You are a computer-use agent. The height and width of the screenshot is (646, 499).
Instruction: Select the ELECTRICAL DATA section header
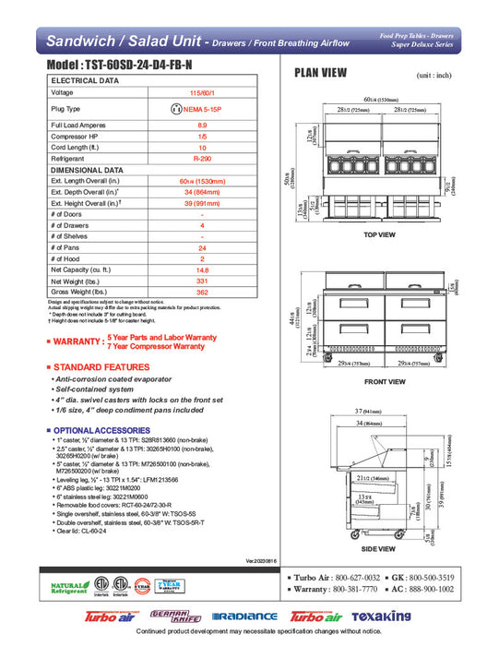89,81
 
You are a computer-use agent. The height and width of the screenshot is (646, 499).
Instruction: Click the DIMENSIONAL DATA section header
88,170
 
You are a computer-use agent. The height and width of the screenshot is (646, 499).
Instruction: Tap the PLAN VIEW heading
320,74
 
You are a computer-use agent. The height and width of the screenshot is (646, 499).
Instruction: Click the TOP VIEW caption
379,235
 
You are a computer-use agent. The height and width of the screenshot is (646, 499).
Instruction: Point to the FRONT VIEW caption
384,381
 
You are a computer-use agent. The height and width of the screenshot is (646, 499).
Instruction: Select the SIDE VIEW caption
384,550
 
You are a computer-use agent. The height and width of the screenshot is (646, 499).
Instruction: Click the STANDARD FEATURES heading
95,368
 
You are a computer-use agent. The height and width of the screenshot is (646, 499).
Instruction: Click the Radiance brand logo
244,616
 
